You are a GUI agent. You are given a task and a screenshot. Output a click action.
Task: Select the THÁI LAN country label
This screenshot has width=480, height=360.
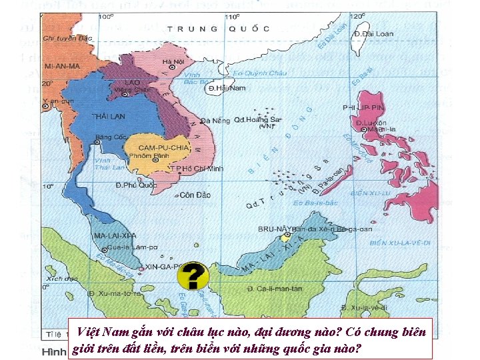click(x=108, y=116)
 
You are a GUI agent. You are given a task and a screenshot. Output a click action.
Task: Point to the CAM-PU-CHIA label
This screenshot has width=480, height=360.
click(x=164, y=147)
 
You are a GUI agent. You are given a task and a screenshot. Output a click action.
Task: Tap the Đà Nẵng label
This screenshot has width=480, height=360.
click(x=215, y=121)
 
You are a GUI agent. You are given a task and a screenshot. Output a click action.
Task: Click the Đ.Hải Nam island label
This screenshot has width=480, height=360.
click(x=227, y=88)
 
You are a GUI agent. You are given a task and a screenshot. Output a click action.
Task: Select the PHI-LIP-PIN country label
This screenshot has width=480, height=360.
click(x=363, y=107)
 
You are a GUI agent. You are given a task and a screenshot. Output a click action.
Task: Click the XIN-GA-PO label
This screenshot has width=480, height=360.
click(x=161, y=265)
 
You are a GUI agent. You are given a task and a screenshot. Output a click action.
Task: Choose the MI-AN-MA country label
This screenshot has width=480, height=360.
click(x=61, y=67)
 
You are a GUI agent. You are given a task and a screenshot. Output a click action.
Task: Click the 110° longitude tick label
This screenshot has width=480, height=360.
click(x=232, y=16)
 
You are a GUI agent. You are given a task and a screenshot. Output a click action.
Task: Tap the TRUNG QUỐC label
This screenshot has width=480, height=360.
click(x=219, y=29)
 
